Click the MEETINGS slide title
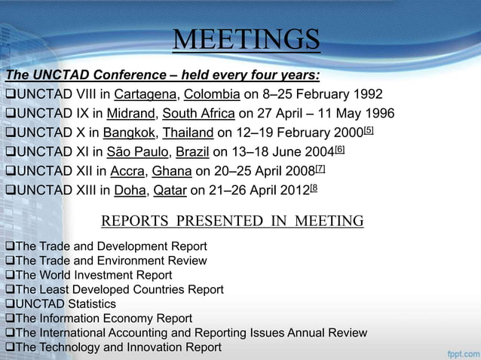tap(247, 40)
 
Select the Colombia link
tap(210, 95)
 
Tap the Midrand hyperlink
tap(130, 114)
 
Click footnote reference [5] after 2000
tap(368, 131)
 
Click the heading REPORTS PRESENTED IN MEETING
tap(232, 221)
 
